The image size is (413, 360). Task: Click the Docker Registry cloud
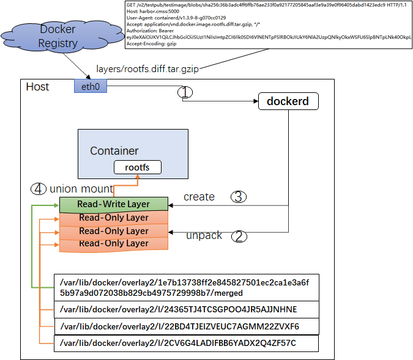[x=58, y=36]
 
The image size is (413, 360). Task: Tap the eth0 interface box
[x=91, y=87]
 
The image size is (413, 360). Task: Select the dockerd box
[x=288, y=101]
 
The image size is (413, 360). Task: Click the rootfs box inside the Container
[x=138, y=167]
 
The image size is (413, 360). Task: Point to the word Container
[x=114, y=150]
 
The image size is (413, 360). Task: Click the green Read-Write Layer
[x=113, y=204]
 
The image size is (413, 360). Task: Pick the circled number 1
[x=185, y=92]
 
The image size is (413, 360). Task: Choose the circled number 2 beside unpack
[x=240, y=237]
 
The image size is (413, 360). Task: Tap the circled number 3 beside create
[x=239, y=197]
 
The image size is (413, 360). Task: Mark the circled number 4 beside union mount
[x=38, y=188]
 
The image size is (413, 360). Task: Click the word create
[x=199, y=197]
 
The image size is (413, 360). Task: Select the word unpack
[x=204, y=235]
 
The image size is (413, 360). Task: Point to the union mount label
[x=81, y=188]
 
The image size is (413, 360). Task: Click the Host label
[x=37, y=87]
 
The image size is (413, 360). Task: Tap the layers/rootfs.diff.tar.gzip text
[x=147, y=69]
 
